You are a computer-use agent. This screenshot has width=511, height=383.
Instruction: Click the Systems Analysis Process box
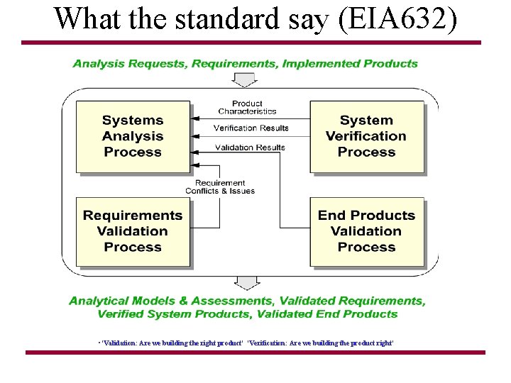tap(133, 136)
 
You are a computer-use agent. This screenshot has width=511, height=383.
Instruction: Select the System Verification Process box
tap(366, 136)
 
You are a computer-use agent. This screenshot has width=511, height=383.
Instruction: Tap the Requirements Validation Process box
tap(133, 231)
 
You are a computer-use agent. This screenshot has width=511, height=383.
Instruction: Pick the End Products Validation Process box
tap(366, 231)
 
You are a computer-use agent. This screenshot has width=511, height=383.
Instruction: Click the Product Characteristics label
tap(247, 108)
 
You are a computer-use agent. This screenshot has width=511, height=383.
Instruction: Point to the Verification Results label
tap(251, 128)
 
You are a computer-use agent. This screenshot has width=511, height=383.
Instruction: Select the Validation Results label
tap(250, 148)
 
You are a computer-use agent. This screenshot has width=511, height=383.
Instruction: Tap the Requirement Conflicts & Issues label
tap(220, 187)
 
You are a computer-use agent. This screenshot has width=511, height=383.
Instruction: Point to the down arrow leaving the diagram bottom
tap(246, 283)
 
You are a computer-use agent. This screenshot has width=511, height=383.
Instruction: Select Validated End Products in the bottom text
tap(327, 314)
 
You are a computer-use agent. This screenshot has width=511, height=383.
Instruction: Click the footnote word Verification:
tap(267, 343)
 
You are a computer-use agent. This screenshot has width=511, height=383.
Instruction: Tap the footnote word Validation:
tap(125, 343)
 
